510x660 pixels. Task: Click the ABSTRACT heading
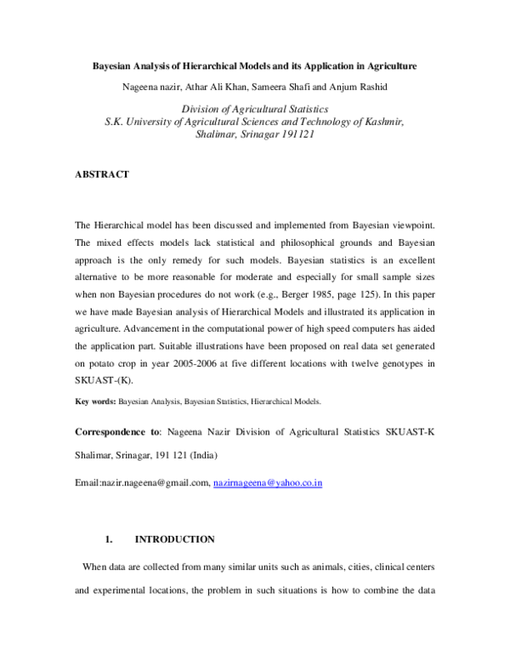pyautogui.click(x=102, y=174)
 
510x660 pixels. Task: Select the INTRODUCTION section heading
pyautogui.click(x=175, y=539)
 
